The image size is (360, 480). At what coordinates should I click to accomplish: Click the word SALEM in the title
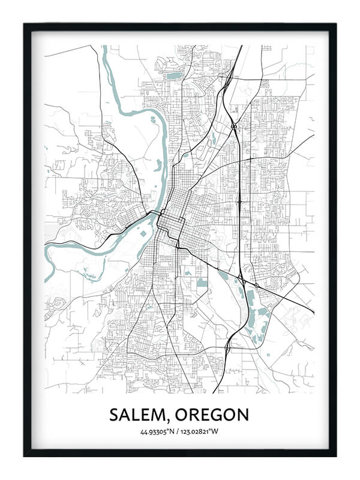click(139, 415)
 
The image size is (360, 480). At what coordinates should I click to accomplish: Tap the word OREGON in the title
click(211, 415)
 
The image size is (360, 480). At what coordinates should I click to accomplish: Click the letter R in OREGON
click(193, 415)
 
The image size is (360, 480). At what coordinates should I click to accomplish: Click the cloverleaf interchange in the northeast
click(233, 127)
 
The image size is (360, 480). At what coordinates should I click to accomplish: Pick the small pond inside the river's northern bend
click(157, 163)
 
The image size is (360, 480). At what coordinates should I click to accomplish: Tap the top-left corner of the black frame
click(24, 24)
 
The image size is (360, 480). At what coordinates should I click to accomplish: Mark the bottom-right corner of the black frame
click(336, 457)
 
